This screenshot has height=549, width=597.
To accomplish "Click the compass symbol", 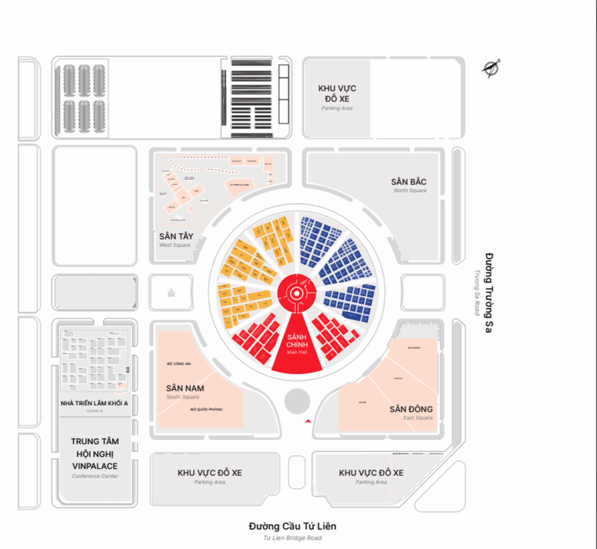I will pyautogui.click(x=491, y=68).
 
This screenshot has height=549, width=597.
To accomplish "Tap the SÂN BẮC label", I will pyautogui.click(x=409, y=182).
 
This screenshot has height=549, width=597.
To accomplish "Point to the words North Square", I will pyautogui.click(x=410, y=191).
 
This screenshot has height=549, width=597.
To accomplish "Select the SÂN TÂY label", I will pyautogui.click(x=176, y=237).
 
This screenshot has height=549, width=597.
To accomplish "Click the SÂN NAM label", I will pyautogui.click(x=185, y=388).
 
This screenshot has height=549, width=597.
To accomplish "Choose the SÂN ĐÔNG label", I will pyautogui.click(x=411, y=409).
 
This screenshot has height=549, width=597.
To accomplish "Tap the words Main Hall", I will pyautogui.click(x=297, y=353).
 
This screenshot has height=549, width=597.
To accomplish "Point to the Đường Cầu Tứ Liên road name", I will pyautogui.click(x=293, y=526).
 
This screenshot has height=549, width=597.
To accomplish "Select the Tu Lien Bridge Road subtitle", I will pyautogui.click(x=293, y=537).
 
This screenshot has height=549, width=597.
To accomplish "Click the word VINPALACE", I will pyautogui.click(x=95, y=466).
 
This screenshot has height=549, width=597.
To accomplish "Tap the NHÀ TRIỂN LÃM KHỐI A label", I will pyautogui.click(x=94, y=403).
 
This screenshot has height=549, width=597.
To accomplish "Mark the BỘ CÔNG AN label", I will pyautogui.click(x=178, y=364).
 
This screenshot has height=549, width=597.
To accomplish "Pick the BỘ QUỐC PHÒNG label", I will pyautogui.click(x=206, y=409).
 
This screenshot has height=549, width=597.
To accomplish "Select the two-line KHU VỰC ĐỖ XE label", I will pyautogui.click(x=337, y=93).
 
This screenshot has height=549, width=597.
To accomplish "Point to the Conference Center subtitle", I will pyautogui.click(x=95, y=476).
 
